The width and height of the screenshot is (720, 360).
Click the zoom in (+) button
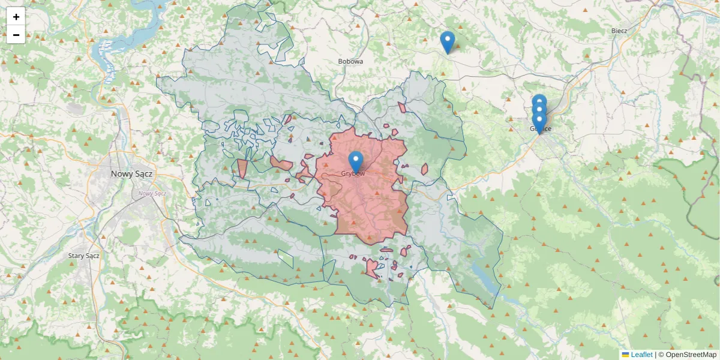coord(16,17)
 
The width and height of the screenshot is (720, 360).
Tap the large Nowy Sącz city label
coord(131,174)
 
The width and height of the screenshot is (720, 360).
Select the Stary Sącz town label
coord(83,256)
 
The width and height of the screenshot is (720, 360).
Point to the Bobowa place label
coord(350,61)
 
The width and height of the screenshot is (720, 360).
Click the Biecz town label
coord(619,31)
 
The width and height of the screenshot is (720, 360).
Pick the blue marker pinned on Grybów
coord(356,161)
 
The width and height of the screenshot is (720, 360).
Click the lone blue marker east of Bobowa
coord(447,41)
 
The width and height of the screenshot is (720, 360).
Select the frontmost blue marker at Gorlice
coord(539,122)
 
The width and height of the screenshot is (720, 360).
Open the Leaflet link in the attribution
coord(641,355)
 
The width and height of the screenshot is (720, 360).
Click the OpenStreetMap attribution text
coord(687,355)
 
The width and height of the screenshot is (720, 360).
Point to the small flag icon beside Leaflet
coord(625,355)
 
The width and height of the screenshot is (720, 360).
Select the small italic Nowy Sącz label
coord(152,193)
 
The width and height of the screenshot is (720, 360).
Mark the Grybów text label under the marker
coord(353,174)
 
